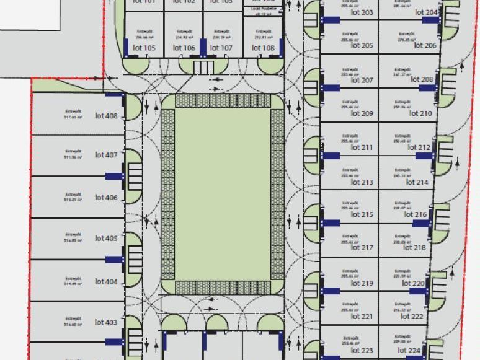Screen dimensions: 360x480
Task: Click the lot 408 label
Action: tap(106, 115)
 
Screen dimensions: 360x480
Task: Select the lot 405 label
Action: tap(106, 238)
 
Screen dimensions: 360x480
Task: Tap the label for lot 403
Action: tap(106, 322)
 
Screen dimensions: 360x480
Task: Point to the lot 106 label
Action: tap(184, 48)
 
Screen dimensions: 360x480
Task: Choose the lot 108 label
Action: tap(264, 48)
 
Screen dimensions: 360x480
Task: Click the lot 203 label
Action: tap(362, 12)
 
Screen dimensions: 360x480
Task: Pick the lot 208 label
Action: tap(422, 79)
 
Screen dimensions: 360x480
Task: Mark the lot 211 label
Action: tap(362, 147)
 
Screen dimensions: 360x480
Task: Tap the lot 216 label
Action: tap(416, 214)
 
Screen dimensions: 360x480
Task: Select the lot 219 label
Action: tap(362, 283)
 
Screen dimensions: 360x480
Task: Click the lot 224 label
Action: tap(410, 350)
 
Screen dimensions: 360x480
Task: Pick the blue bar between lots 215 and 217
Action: tap(331, 222)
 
